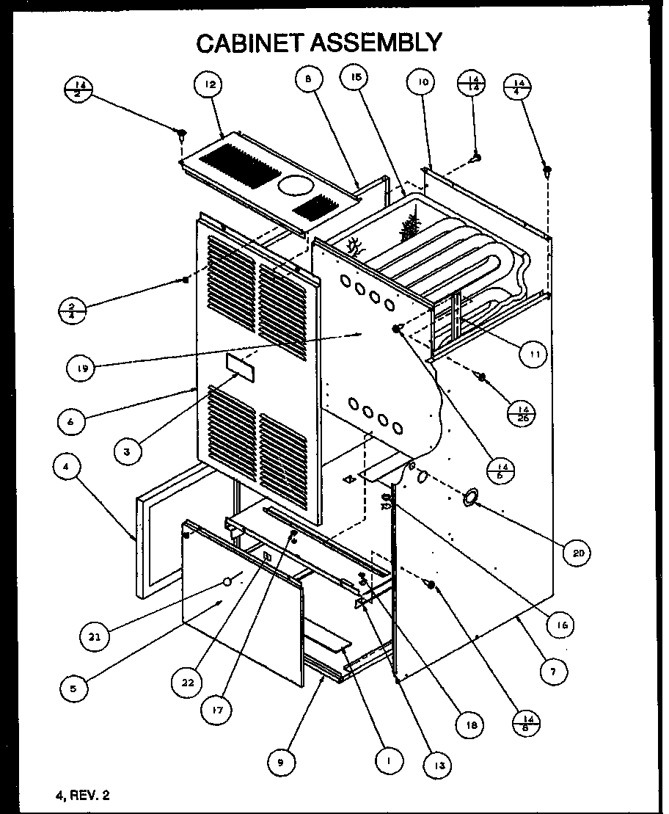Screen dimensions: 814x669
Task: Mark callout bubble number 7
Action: coord(555,670)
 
